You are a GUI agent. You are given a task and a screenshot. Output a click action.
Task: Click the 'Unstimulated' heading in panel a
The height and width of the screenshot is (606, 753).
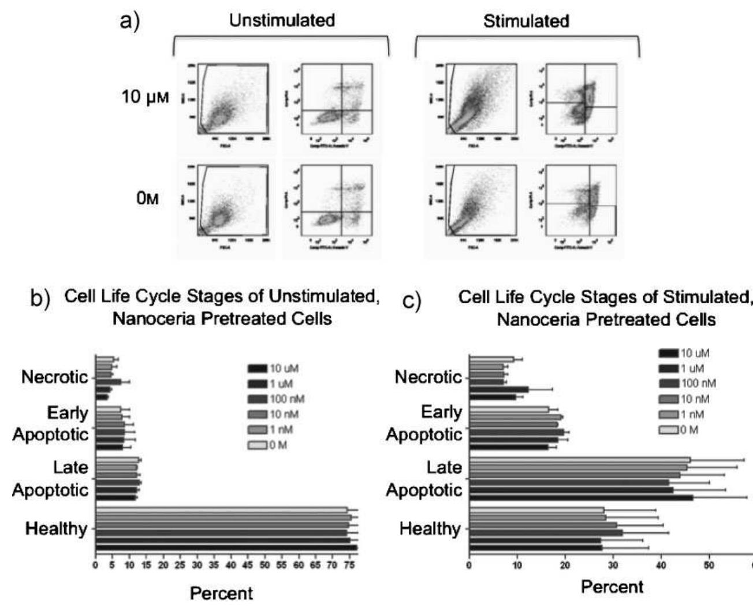[282, 21]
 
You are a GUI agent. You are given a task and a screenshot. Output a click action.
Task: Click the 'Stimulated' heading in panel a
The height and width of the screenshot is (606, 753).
[526, 21]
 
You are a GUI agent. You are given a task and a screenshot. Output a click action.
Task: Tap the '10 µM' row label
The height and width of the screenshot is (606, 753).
[146, 96]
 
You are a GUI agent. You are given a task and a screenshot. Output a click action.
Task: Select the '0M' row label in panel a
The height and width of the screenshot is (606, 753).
[147, 199]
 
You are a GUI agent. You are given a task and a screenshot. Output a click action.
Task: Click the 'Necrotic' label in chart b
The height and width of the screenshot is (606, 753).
[54, 377]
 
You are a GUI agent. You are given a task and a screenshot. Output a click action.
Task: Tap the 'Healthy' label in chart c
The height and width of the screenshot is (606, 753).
[430, 529]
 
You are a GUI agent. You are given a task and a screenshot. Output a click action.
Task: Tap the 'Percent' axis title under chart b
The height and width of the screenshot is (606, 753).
[221, 593]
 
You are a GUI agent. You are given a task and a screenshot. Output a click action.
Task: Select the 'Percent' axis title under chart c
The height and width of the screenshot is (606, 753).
[612, 588]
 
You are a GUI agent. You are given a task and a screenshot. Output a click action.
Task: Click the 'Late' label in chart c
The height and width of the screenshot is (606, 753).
[443, 467]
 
